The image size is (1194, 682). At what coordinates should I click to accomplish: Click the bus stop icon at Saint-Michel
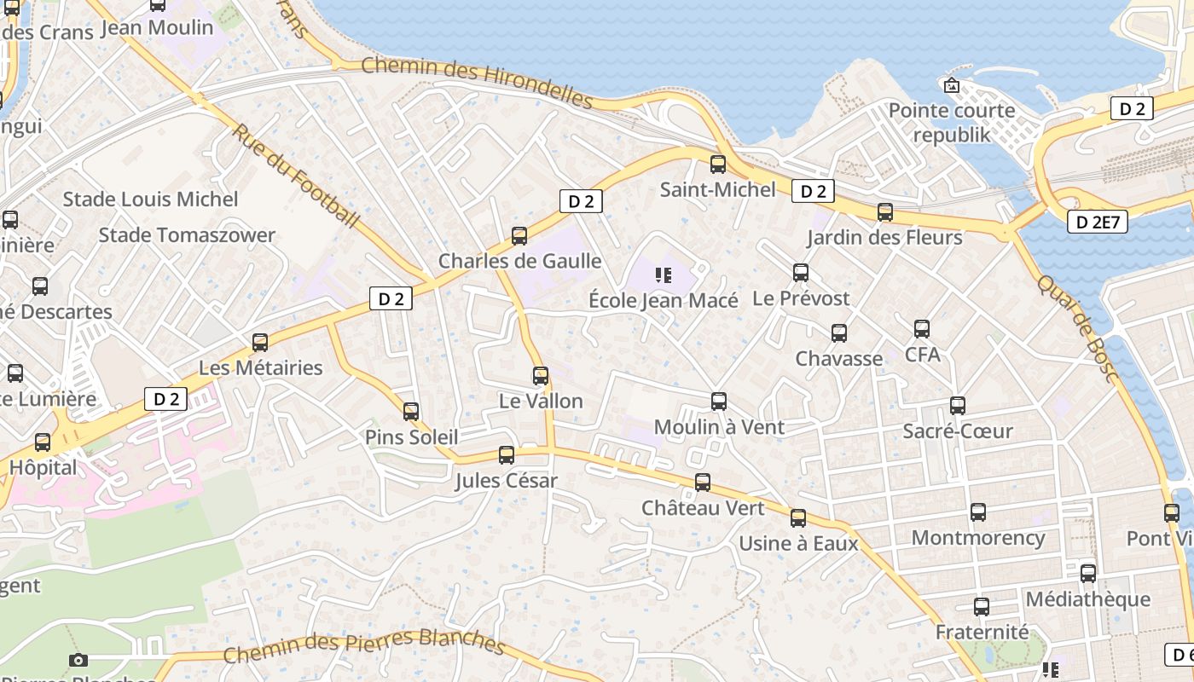718,165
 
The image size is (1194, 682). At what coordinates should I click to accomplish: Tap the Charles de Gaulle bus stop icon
519,236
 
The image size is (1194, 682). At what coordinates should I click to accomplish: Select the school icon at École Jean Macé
664,275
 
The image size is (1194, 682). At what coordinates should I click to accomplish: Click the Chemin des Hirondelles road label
477,82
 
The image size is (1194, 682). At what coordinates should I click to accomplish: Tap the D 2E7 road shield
1097,223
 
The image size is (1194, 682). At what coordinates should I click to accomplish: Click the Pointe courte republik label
952,122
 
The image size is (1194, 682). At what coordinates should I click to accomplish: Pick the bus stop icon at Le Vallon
541,376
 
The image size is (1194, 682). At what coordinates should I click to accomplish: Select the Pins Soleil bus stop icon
411,413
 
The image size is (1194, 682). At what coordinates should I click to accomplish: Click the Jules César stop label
506,481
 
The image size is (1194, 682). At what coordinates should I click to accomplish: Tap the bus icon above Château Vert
703,483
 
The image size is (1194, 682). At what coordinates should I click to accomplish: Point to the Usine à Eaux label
798,543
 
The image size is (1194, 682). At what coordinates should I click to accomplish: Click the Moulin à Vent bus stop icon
719,402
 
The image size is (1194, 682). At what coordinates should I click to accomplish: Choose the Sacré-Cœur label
958,431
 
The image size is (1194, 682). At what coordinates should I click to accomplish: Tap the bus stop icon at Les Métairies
260,343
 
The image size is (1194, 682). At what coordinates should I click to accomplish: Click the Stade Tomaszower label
187,235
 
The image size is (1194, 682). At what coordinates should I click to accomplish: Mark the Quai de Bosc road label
1076,329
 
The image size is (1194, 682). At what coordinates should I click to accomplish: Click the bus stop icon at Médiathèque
1088,574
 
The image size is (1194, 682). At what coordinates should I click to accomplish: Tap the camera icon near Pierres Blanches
78,660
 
